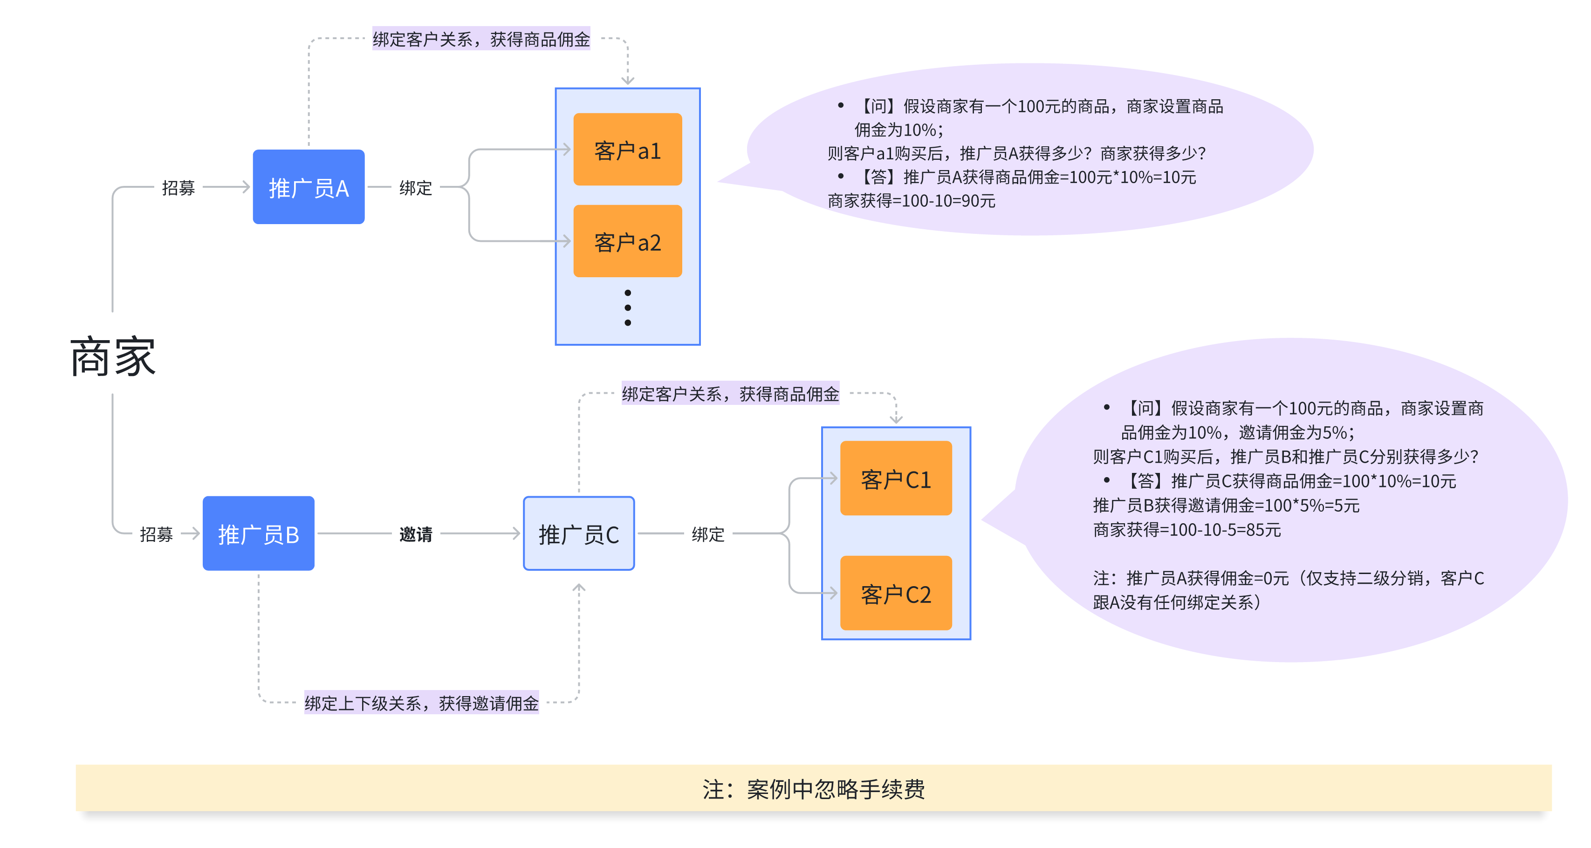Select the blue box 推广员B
258,533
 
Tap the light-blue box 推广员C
579,533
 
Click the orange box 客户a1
628,150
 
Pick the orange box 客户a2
628,241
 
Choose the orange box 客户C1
896,479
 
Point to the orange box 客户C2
896,594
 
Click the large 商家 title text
113,357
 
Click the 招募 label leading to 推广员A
178,188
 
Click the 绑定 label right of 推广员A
416,188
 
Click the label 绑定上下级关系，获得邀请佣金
421,703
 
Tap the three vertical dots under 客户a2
628,308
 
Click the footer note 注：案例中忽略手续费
813,789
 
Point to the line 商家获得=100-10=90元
911,201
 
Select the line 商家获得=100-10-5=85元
1186,529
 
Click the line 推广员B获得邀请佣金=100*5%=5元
1226,505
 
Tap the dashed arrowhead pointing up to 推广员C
579,588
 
